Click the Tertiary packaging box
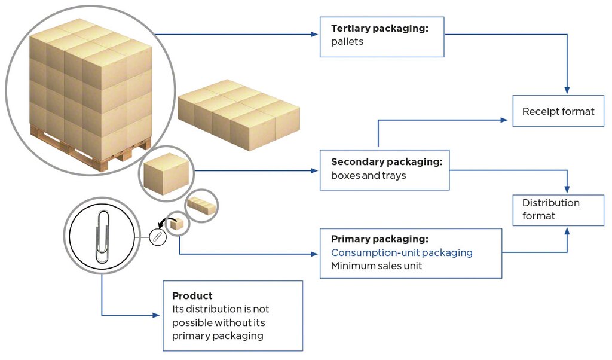(x=382, y=36)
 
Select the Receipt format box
(x=558, y=111)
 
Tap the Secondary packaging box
(x=384, y=170)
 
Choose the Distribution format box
(x=558, y=209)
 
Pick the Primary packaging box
(x=411, y=253)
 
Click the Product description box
(x=232, y=316)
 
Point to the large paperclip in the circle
(x=103, y=237)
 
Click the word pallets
(x=347, y=42)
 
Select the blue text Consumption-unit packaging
(x=402, y=252)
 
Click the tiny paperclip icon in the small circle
(x=157, y=237)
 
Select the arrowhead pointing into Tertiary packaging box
(x=315, y=35)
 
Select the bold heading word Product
(x=192, y=296)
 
